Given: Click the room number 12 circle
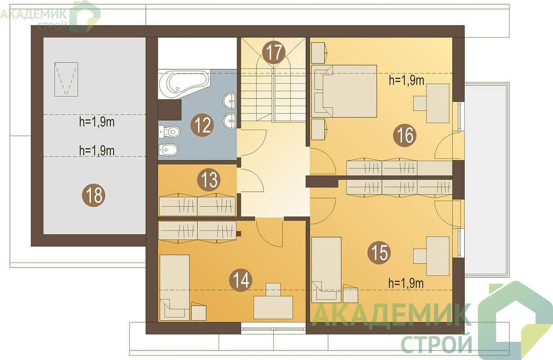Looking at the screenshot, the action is coord(202,125).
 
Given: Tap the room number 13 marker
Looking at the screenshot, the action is coord(209,180).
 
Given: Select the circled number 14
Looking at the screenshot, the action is coord(241,280).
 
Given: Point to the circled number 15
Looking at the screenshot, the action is coord(379,252).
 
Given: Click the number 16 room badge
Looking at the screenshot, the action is coord(405,135).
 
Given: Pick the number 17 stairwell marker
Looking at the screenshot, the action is coord(274,52).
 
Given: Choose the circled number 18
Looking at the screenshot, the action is coord(94,195).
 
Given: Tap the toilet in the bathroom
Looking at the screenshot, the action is coord(169,131).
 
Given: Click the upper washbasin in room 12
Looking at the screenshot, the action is coord(230,101).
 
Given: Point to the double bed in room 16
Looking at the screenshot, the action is coord(344,91).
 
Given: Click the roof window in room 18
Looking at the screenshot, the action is coord(66,79).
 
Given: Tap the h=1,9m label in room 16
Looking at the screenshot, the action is coord(406,81).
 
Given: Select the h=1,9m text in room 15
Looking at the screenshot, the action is coord(406,283).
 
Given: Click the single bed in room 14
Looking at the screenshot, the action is coord(175,288).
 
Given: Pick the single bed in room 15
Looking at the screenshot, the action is coord(326,270).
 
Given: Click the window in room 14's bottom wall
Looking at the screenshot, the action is coord(274,328).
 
